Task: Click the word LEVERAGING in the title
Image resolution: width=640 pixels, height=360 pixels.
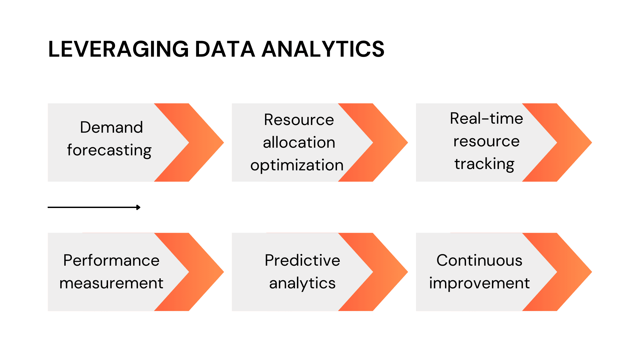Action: pyautogui.click(x=118, y=49)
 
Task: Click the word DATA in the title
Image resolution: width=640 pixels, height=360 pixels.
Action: pyautogui.click(x=225, y=49)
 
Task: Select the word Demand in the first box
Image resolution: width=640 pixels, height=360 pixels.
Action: pyautogui.click(x=111, y=127)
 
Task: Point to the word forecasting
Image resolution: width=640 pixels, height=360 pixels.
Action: pyautogui.click(x=109, y=150)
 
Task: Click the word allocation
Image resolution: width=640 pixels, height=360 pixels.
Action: pyautogui.click(x=299, y=143)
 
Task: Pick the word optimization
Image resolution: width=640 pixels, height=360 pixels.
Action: pyautogui.click(x=297, y=165)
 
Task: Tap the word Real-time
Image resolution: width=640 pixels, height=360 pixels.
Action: pyautogui.click(x=486, y=119)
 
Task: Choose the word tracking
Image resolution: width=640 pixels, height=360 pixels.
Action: pyautogui.click(x=484, y=164)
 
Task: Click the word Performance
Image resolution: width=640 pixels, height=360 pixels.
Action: pyautogui.click(x=111, y=260)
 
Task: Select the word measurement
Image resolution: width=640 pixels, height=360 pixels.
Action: pyautogui.click(x=111, y=283)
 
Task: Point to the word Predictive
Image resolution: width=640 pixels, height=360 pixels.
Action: pyautogui.click(x=302, y=260)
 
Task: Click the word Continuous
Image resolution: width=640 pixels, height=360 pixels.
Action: pyautogui.click(x=479, y=260)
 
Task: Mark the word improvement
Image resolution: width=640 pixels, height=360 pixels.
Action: pyautogui.click(x=479, y=283)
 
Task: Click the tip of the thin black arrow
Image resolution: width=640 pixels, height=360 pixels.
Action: pyautogui.click(x=139, y=207)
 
